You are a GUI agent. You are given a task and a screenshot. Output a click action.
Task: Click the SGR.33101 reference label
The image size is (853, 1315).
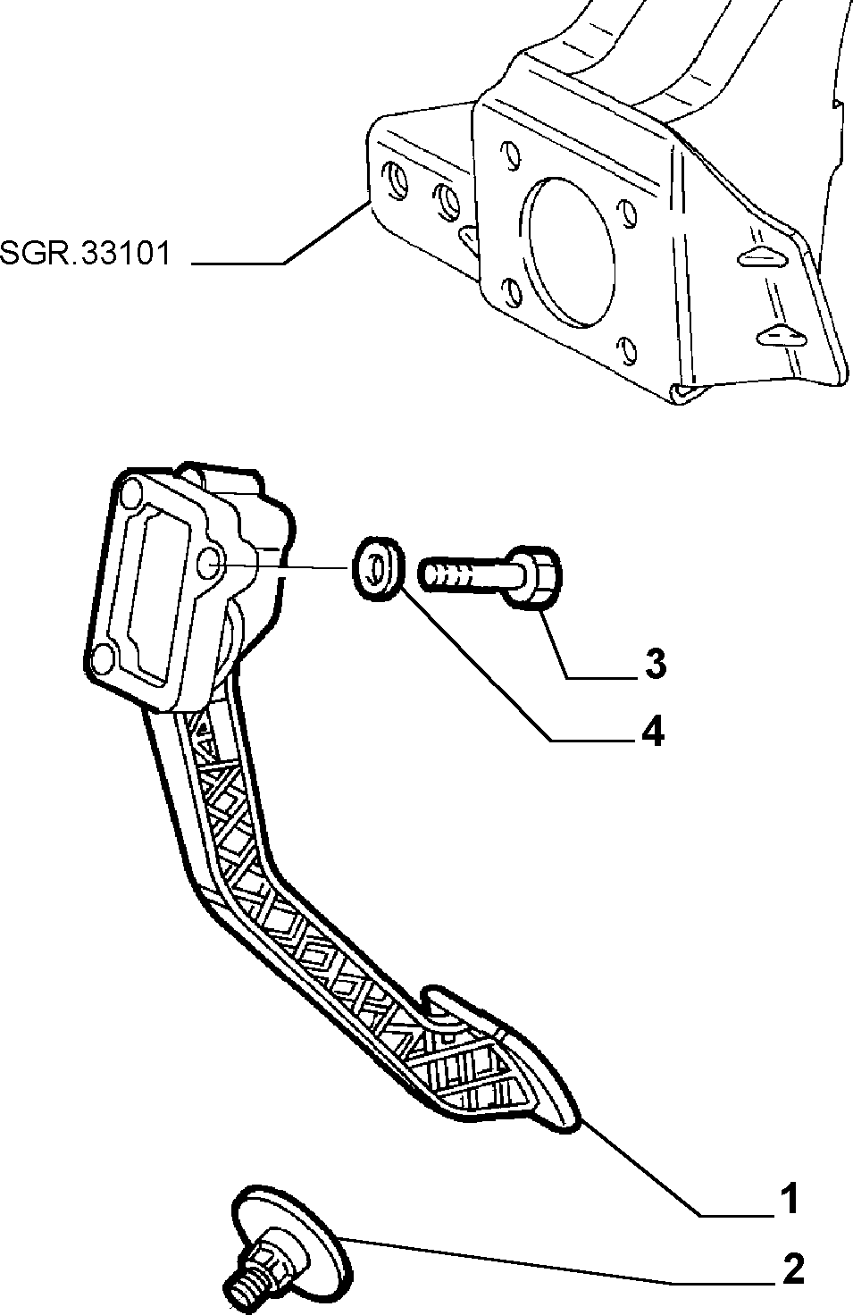click(85, 254)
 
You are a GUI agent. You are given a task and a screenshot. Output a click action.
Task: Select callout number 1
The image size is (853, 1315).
click(790, 1198)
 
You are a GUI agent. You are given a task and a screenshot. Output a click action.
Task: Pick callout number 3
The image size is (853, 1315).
click(655, 664)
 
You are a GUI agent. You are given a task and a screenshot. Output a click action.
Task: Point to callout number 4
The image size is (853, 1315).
click(653, 732)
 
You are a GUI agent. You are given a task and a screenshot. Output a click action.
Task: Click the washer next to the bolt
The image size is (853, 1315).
click(378, 567)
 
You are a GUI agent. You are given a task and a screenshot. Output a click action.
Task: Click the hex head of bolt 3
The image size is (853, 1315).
click(535, 575)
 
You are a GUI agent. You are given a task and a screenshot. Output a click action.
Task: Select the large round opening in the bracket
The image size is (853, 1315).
click(570, 252)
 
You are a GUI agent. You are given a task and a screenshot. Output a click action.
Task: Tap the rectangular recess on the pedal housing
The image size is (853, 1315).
click(156, 593)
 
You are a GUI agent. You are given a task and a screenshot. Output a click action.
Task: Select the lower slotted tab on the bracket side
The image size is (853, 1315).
click(782, 335)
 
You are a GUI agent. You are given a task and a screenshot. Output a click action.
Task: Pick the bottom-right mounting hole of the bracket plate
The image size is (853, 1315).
click(627, 350)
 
